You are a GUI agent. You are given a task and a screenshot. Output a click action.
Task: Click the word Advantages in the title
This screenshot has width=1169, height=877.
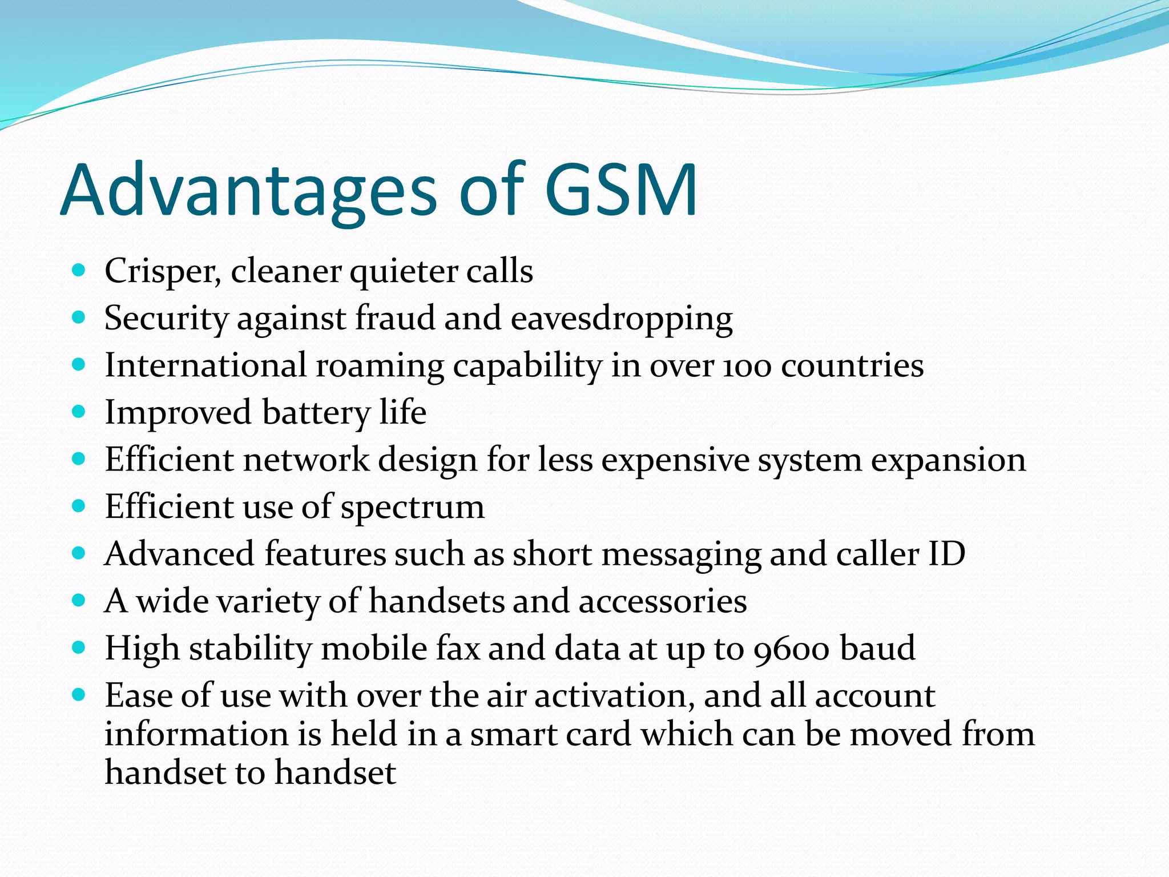coord(248,191)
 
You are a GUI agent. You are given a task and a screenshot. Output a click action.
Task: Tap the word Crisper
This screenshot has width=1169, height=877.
coord(163,271)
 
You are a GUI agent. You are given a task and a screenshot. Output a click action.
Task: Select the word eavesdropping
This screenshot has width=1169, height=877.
coord(622,319)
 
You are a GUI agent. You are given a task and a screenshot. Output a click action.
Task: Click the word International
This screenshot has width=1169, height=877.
coord(206,365)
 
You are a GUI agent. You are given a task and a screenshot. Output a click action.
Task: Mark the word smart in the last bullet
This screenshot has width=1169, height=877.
coord(513,734)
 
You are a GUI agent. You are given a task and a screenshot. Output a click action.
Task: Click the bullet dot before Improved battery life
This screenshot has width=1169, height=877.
coord(79,411)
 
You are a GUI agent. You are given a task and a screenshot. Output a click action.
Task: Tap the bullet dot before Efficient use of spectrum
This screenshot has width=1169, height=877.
coord(79,505)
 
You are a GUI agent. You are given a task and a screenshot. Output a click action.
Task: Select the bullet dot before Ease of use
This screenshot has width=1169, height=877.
coord(79,694)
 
